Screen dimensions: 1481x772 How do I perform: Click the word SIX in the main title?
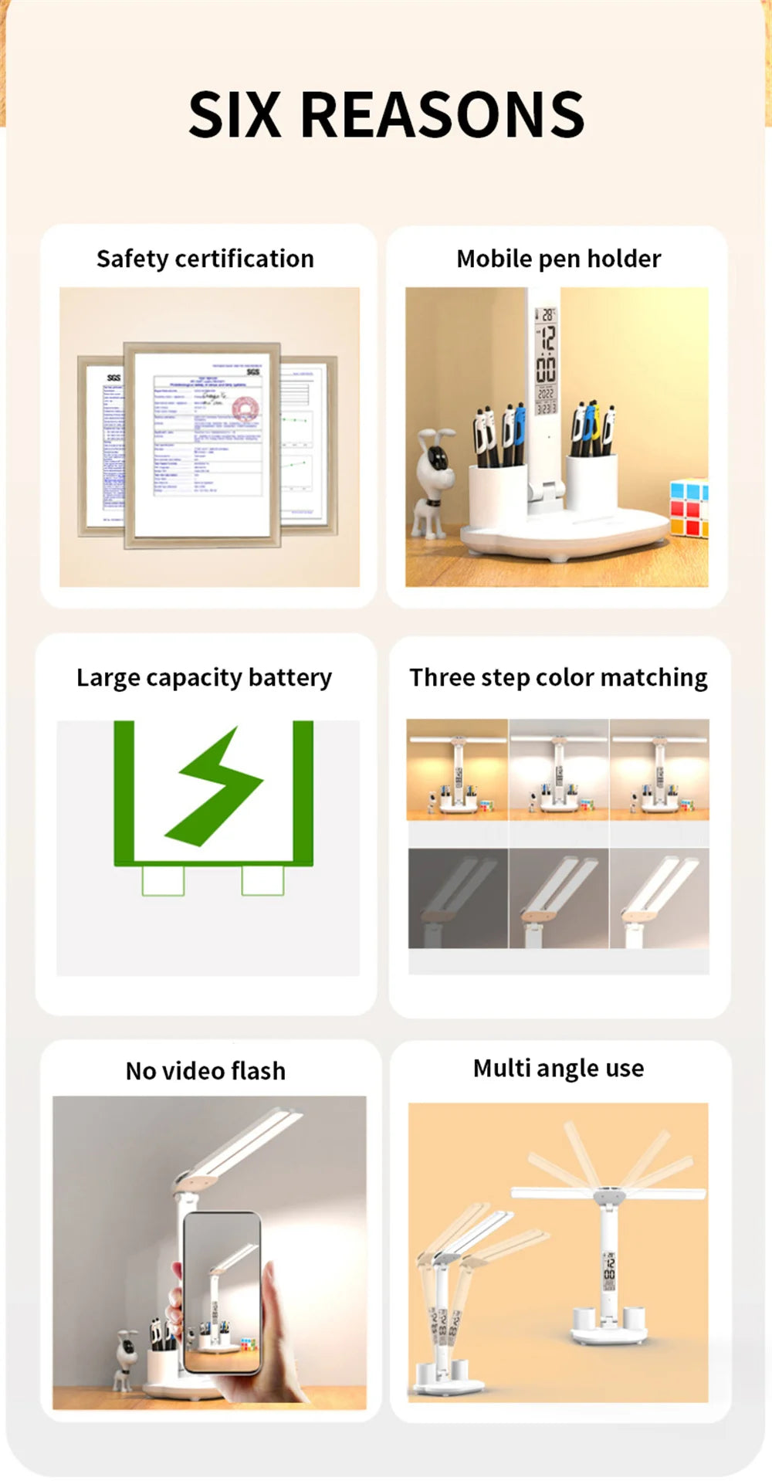tap(235, 115)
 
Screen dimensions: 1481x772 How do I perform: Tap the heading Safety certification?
tap(205, 259)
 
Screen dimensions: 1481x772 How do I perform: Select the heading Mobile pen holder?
tap(558, 259)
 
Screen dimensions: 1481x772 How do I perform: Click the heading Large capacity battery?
tap(204, 677)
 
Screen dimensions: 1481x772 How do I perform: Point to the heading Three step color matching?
tap(558, 677)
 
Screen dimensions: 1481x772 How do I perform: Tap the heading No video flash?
tap(205, 1071)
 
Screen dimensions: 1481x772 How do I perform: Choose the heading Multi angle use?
tap(558, 1068)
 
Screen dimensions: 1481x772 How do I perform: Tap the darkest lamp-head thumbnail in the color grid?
tap(458, 898)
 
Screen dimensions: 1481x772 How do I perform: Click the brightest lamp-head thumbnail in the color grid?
tap(659, 898)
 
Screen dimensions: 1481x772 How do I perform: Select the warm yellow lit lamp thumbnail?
tap(457, 769)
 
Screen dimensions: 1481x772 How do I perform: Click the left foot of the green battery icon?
tap(163, 880)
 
